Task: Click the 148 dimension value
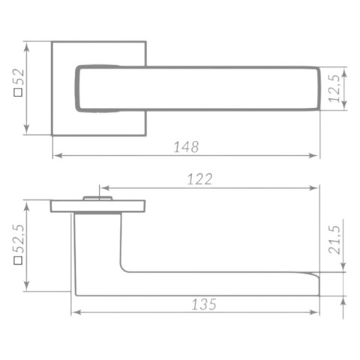186,147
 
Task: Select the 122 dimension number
199,179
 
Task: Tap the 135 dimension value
204,304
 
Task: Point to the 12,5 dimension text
335,88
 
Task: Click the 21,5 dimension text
334,240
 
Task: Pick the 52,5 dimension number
19,239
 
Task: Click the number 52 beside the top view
19,77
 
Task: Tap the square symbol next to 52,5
18,260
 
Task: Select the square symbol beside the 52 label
18,92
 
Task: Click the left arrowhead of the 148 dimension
58,155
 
